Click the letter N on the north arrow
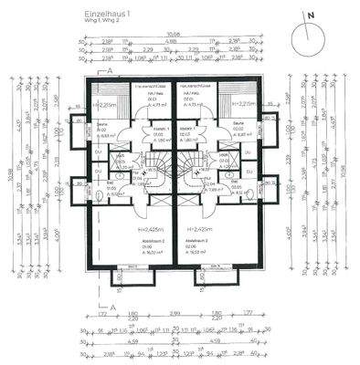[311, 16]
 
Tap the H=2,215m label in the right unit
[241, 105]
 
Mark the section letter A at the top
[110, 69]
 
